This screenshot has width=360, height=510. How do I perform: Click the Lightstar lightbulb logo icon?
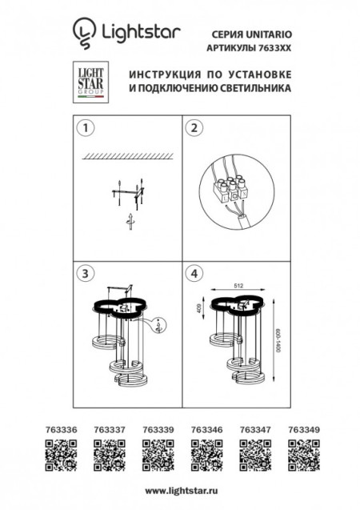[83, 31]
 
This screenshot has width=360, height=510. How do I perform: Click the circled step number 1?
[82, 127]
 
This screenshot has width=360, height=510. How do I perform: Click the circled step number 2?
[192, 127]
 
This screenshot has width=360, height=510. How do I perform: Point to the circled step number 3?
[82, 273]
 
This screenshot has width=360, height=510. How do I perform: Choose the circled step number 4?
[192, 273]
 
